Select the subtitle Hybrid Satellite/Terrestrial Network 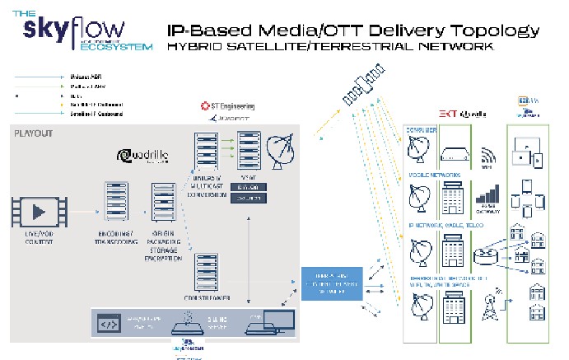click(329, 48)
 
